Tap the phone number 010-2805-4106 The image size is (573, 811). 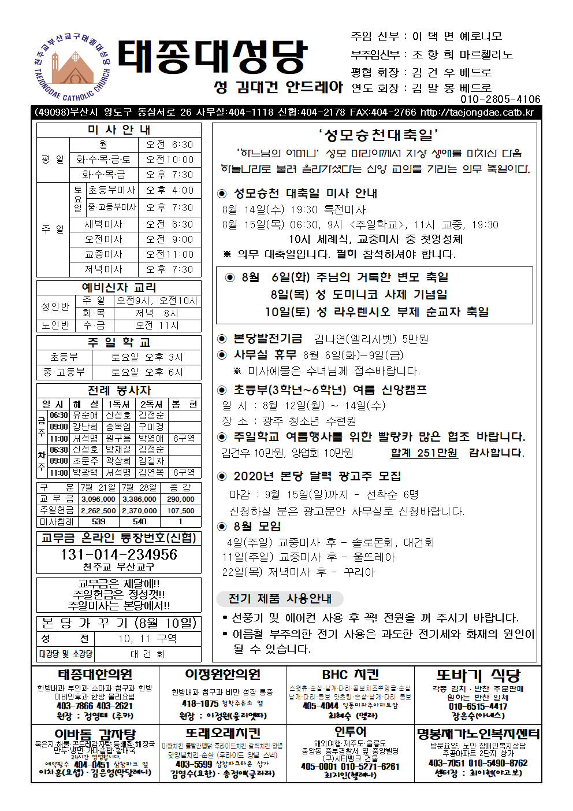click(x=500, y=99)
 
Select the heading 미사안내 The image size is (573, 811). click(x=119, y=129)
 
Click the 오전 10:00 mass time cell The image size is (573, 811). click(x=170, y=160)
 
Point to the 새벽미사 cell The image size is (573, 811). click(x=103, y=224)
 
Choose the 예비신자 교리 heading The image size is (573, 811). click(x=119, y=287)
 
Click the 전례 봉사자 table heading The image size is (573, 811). click(x=119, y=390)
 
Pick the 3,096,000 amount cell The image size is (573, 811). click(x=98, y=499)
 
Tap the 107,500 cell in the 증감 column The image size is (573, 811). click(x=181, y=511)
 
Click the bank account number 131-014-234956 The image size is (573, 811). click(x=119, y=554)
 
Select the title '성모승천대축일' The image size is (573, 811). click(x=378, y=135)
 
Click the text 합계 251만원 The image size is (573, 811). click(x=424, y=453)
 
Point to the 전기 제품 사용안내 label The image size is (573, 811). click(x=280, y=598)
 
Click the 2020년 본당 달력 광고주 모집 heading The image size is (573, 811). click(x=317, y=476)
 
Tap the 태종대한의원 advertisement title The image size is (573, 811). click(x=95, y=675)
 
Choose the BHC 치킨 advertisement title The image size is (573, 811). click(x=350, y=675)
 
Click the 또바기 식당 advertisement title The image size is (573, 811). click(x=478, y=675)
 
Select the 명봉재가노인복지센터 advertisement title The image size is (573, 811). click(x=478, y=734)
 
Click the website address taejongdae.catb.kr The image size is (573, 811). click(x=477, y=112)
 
